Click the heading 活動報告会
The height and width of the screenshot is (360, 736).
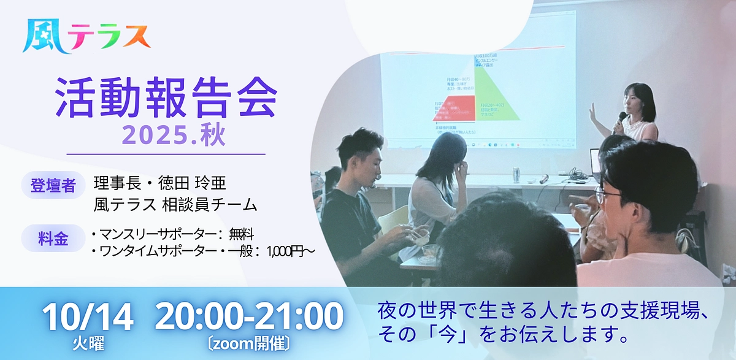(x=166, y=98)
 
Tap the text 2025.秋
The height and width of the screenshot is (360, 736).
(x=174, y=136)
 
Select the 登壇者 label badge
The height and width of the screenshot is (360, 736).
(x=53, y=185)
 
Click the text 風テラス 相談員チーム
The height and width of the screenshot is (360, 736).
(x=175, y=204)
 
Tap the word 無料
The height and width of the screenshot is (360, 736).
(x=240, y=234)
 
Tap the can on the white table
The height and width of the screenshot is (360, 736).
(x=516, y=174)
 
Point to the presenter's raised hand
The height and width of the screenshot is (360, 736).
(x=592, y=113)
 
